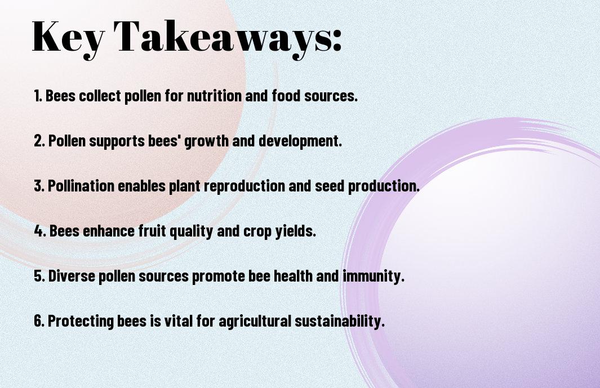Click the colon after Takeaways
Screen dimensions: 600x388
[337, 41]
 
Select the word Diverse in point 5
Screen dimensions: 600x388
[72, 276]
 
